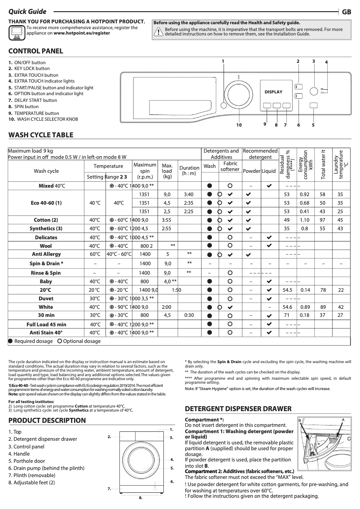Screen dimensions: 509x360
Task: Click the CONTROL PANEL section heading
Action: point(36,51)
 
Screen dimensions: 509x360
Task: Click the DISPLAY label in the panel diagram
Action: point(273,92)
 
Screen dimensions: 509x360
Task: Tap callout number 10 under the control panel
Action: point(239,125)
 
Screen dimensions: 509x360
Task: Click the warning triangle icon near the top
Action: point(158,31)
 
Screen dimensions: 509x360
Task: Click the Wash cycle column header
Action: point(46,171)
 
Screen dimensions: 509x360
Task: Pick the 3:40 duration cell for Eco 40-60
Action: point(189,194)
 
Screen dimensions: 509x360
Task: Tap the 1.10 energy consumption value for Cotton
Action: point(304,220)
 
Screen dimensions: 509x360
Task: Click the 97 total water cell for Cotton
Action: point(322,220)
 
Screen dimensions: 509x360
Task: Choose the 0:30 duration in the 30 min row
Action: point(189,315)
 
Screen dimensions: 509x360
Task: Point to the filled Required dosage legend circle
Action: point(11,341)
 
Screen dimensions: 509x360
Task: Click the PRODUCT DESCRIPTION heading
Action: point(47,421)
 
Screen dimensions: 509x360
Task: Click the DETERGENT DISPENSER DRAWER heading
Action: point(238,409)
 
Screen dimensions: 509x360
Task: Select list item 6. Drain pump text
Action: point(46,468)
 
